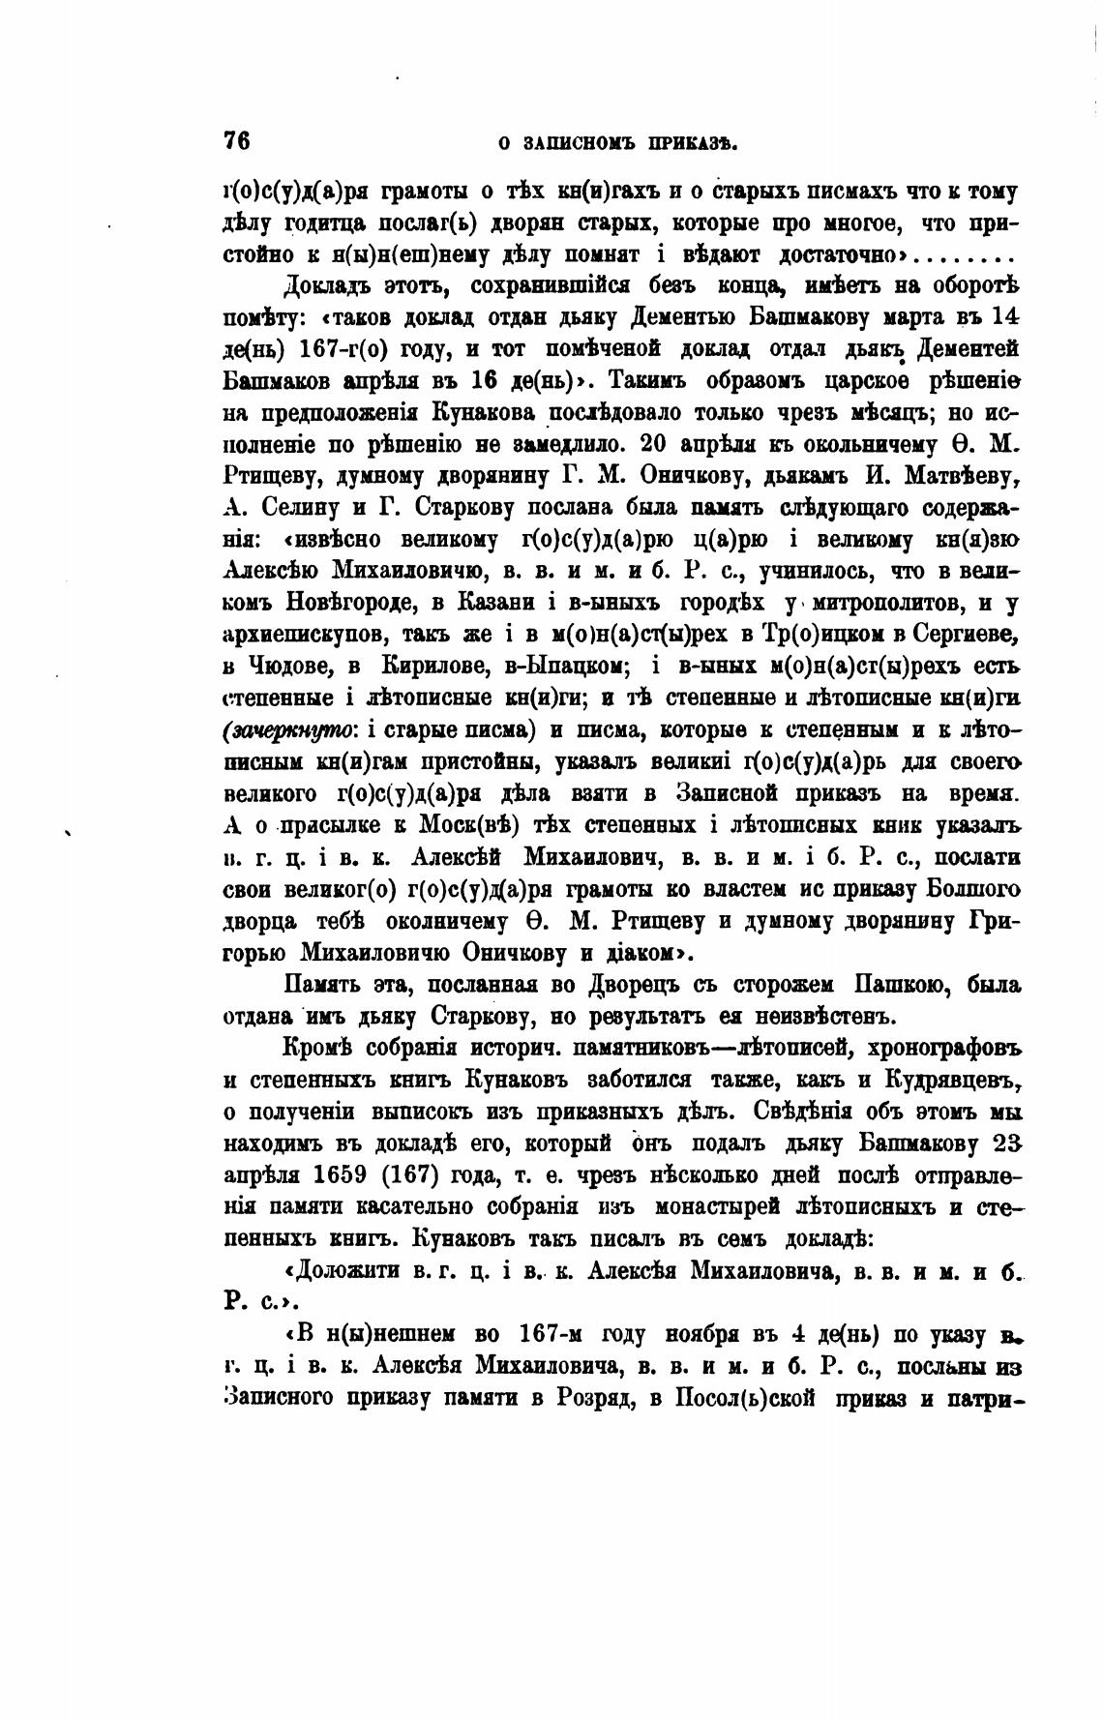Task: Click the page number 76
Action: click(237, 140)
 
